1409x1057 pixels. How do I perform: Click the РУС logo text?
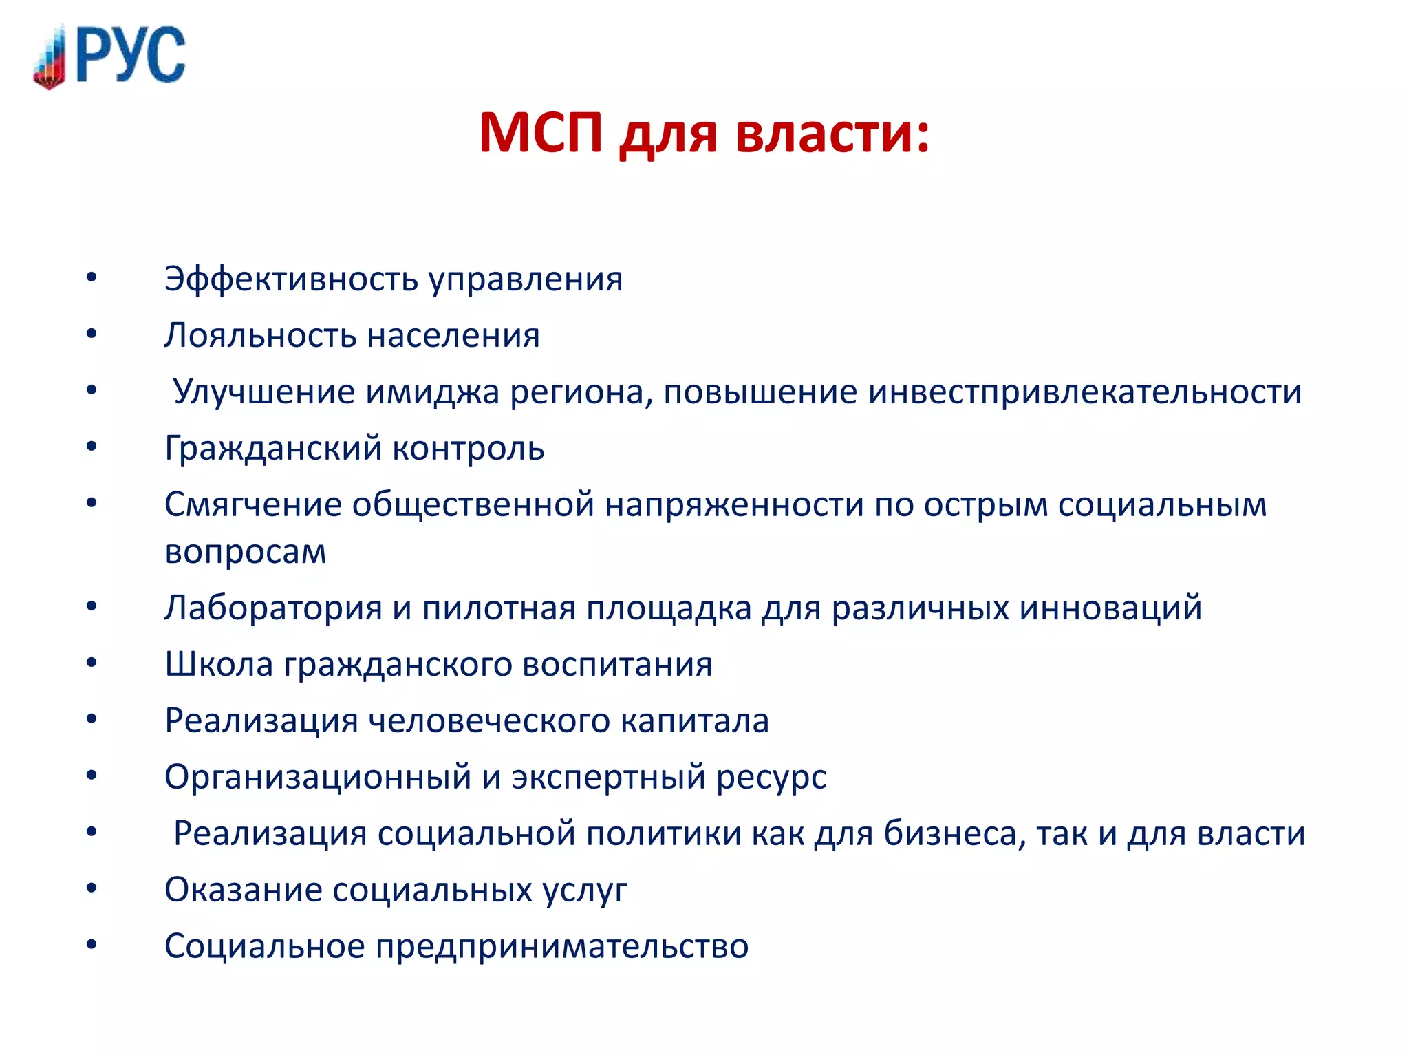131,55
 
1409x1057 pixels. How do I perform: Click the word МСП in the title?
541,132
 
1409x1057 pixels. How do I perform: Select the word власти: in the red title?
832,132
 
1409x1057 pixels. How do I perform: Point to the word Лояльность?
260,336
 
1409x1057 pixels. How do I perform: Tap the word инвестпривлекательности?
1085,392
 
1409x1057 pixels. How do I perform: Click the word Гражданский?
273,449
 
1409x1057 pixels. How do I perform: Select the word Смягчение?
252,505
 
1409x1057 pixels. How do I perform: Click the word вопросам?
246,552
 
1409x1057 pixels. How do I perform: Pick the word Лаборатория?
273,608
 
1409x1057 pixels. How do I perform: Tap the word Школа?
219,665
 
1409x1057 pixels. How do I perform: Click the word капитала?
694,721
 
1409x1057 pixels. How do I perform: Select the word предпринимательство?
561,947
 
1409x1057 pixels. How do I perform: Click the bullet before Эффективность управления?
92,278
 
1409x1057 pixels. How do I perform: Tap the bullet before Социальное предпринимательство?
92,946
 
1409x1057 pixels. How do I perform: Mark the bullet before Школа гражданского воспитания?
92,663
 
